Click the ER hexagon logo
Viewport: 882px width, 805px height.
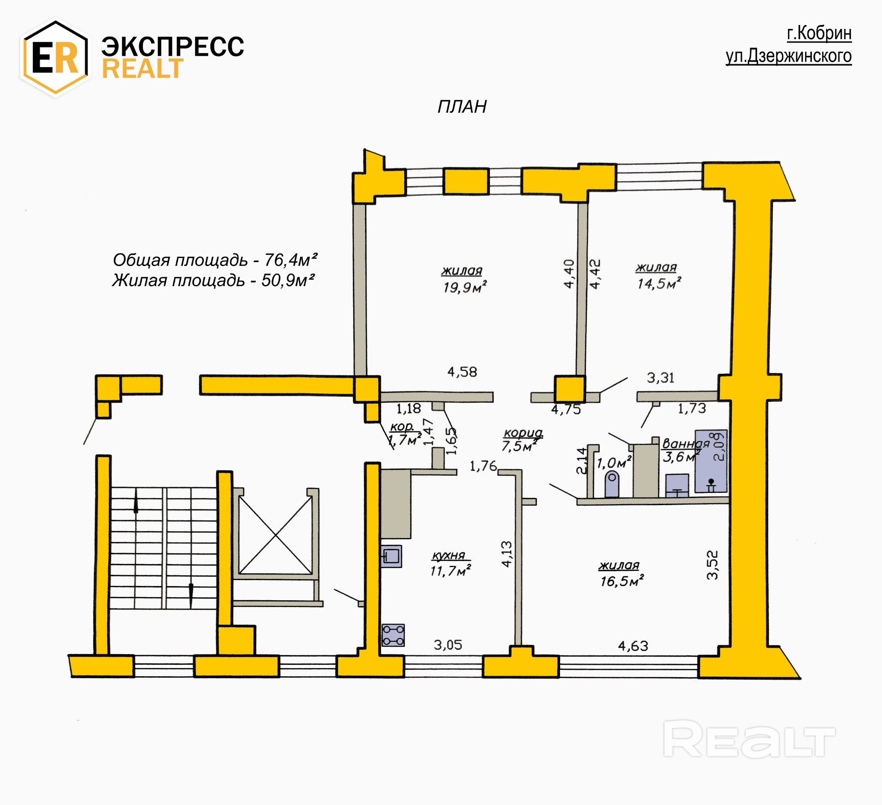pyautogui.click(x=55, y=57)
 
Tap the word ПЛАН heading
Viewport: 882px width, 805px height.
pyautogui.click(x=462, y=107)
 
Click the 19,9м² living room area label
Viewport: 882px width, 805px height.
pyautogui.click(x=465, y=287)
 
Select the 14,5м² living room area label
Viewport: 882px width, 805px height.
pyautogui.click(x=659, y=283)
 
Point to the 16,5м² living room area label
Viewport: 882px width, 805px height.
pyautogui.click(x=621, y=581)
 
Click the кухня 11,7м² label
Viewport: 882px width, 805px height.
pyautogui.click(x=450, y=564)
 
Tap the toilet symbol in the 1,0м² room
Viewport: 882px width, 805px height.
pyautogui.click(x=612, y=484)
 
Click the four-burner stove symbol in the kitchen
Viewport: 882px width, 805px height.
pyautogui.click(x=393, y=635)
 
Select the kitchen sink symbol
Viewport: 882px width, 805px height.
pyautogui.click(x=391, y=557)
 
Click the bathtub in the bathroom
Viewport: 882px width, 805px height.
pyautogui.click(x=711, y=461)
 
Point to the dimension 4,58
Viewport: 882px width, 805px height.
pyautogui.click(x=462, y=372)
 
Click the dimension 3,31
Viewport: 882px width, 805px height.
pyautogui.click(x=660, y=378)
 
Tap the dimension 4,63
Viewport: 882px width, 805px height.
pyautogui.click(x=633, y=646)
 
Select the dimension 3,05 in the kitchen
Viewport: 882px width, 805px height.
pyautogui.click(x=447, y=645)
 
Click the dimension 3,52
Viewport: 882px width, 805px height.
pyautogui.click(x=712, y=565)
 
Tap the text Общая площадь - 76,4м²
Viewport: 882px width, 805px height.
pyautogui.click(x=215, y=260)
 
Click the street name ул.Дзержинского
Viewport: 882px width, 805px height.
pyautogui.click(x=788, y=56)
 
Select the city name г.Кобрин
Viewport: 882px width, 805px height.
pyautogui.click(x=819, y=33)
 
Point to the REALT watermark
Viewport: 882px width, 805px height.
pyautogui.click(x=749, y=739)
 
